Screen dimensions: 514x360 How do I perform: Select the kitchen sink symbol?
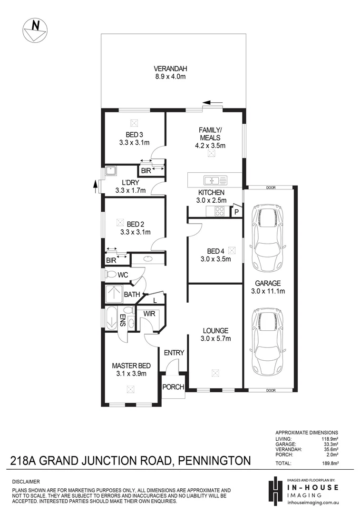point(214,180)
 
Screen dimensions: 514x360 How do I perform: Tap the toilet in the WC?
point(111,275)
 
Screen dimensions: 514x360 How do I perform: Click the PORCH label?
point(173,387)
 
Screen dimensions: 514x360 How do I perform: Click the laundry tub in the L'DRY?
point(111,170)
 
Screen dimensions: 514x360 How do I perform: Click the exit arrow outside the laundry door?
point(97,187)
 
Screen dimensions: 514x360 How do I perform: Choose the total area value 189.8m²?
point(328,463)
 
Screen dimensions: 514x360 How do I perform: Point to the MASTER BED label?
point(131,366)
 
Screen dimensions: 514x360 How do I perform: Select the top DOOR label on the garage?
point(271,187)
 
